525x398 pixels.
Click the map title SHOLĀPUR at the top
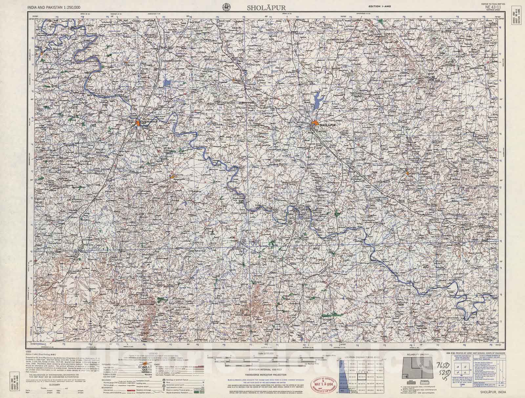262,7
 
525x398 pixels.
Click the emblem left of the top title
225,6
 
